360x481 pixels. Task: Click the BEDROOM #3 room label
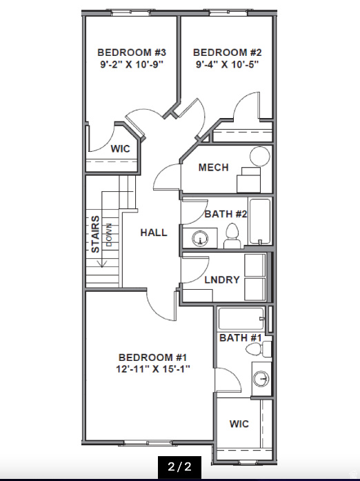[x=132, y=52]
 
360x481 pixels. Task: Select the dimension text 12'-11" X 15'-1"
[x=154, y=369]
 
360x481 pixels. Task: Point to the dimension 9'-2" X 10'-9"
[x=132, y=65]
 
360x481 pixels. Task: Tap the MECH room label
[x=214, y=168]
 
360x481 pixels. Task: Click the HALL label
[x=154, y=233]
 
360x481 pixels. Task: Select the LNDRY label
[x=222, y=279]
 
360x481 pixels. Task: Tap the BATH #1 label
[x=240, y=338]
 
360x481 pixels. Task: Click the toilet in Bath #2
[x=232, y=235]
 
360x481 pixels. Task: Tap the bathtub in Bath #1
[x=241, y=320]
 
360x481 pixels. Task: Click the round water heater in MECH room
[x=259, y=156]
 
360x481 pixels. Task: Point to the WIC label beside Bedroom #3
[x=121, y=148]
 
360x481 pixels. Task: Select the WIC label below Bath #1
[x=239, y=423]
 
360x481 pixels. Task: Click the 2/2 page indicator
[x=179, y=467]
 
